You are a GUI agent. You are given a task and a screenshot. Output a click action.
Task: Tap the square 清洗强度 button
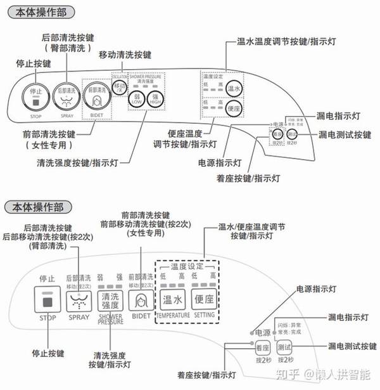coord(110,300)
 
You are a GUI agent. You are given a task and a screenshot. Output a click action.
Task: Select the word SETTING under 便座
coord(204,315)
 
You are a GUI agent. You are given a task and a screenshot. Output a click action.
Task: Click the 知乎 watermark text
coord(299,374)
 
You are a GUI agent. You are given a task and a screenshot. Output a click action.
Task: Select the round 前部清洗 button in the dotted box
coord(96,96)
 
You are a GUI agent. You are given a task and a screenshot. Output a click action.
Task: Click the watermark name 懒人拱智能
coord(345,374)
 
